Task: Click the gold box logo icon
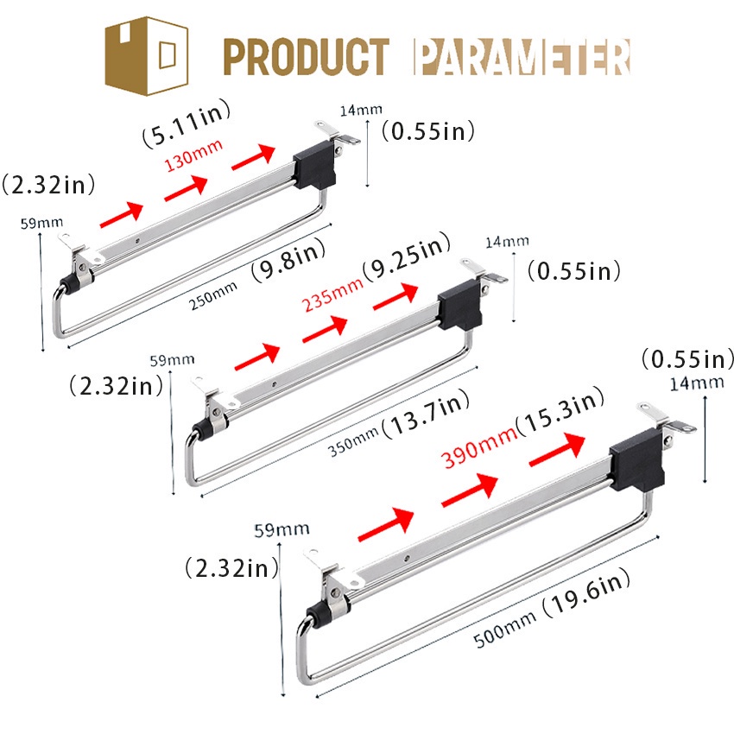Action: point(147,56)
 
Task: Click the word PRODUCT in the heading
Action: point(307,57)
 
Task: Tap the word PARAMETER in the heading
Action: point(522,57)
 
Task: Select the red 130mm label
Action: point(193,155)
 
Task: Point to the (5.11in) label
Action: point(187,123)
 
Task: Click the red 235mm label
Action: point(332,294)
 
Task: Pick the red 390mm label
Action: point(479,448)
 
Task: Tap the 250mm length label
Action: point(212,296)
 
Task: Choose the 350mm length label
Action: point(353,442)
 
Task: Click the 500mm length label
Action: point(504,630)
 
